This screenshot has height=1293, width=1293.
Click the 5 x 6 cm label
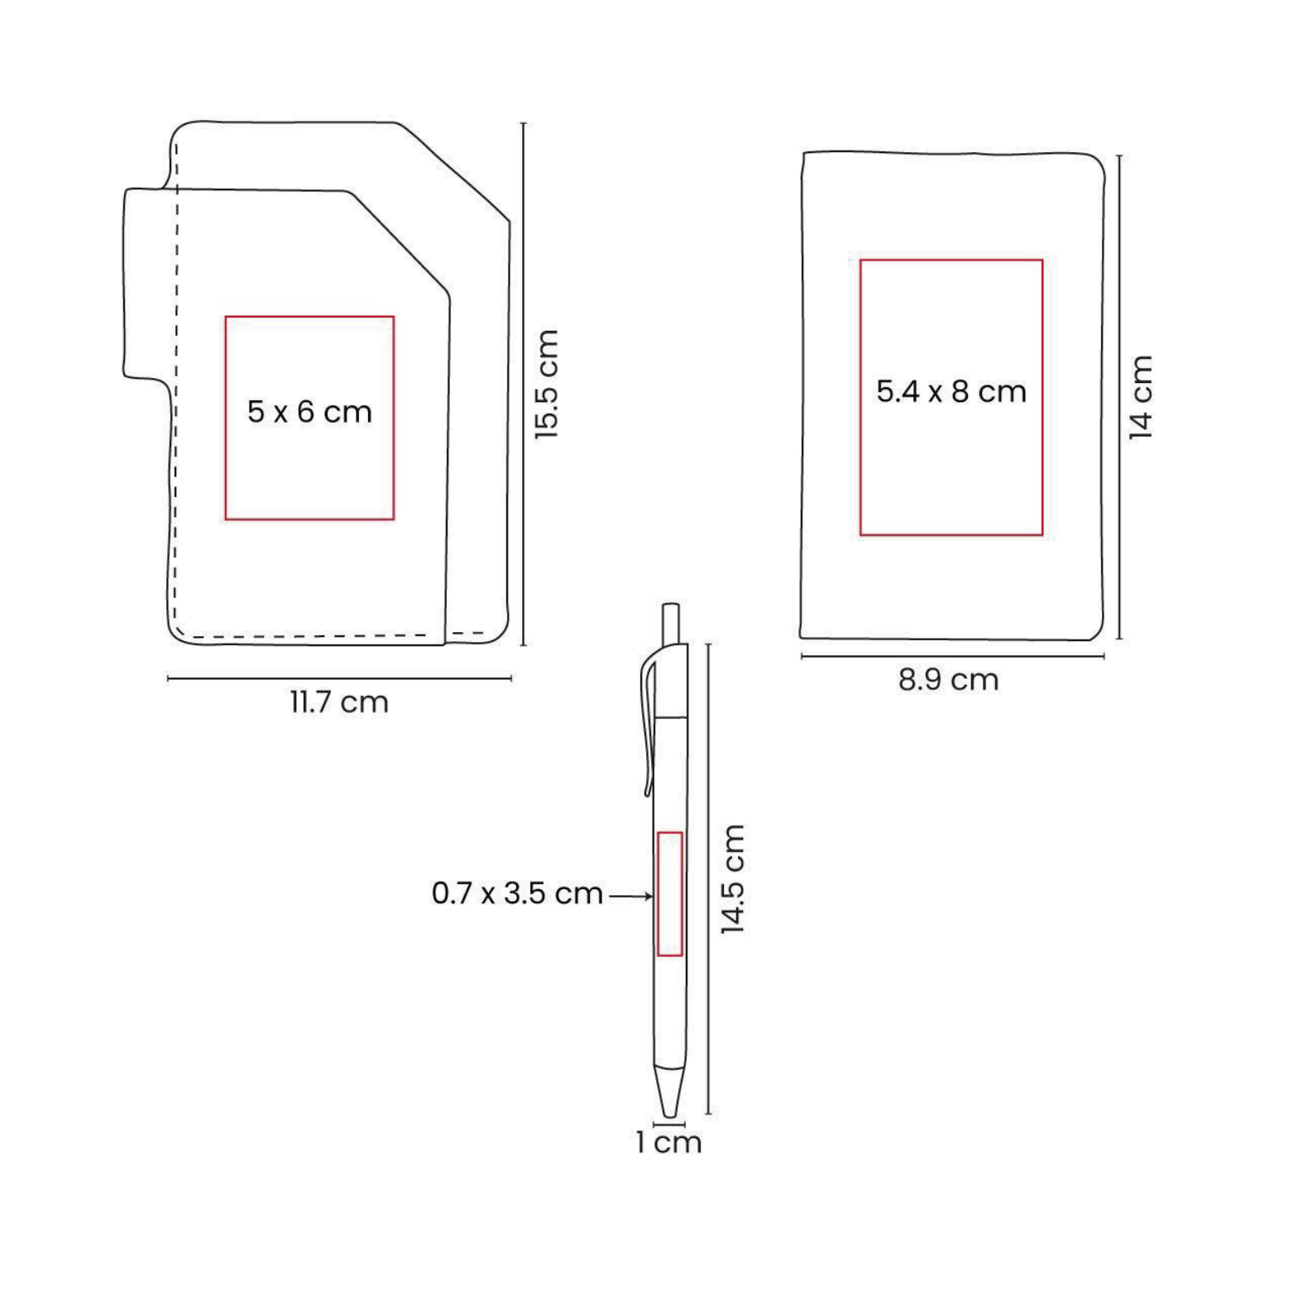click(x=309, y=412)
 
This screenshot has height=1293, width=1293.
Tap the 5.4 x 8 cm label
click(x=951, y=391)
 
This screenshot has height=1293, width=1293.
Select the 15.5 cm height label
click(x=547, y=384)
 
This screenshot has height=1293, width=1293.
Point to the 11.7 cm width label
click(x=339, y=702)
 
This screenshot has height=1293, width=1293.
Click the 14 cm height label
click(x=1141, y=397)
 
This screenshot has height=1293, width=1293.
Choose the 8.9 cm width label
click(x=949, y=680)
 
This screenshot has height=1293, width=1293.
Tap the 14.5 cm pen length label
click(x=732, y=879)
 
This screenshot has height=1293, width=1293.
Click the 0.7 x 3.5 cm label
click(x=517, y=893)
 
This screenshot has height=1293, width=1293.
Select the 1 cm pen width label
click(x=668, y=1142)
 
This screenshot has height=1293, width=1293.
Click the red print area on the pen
click(x=670, y=894)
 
